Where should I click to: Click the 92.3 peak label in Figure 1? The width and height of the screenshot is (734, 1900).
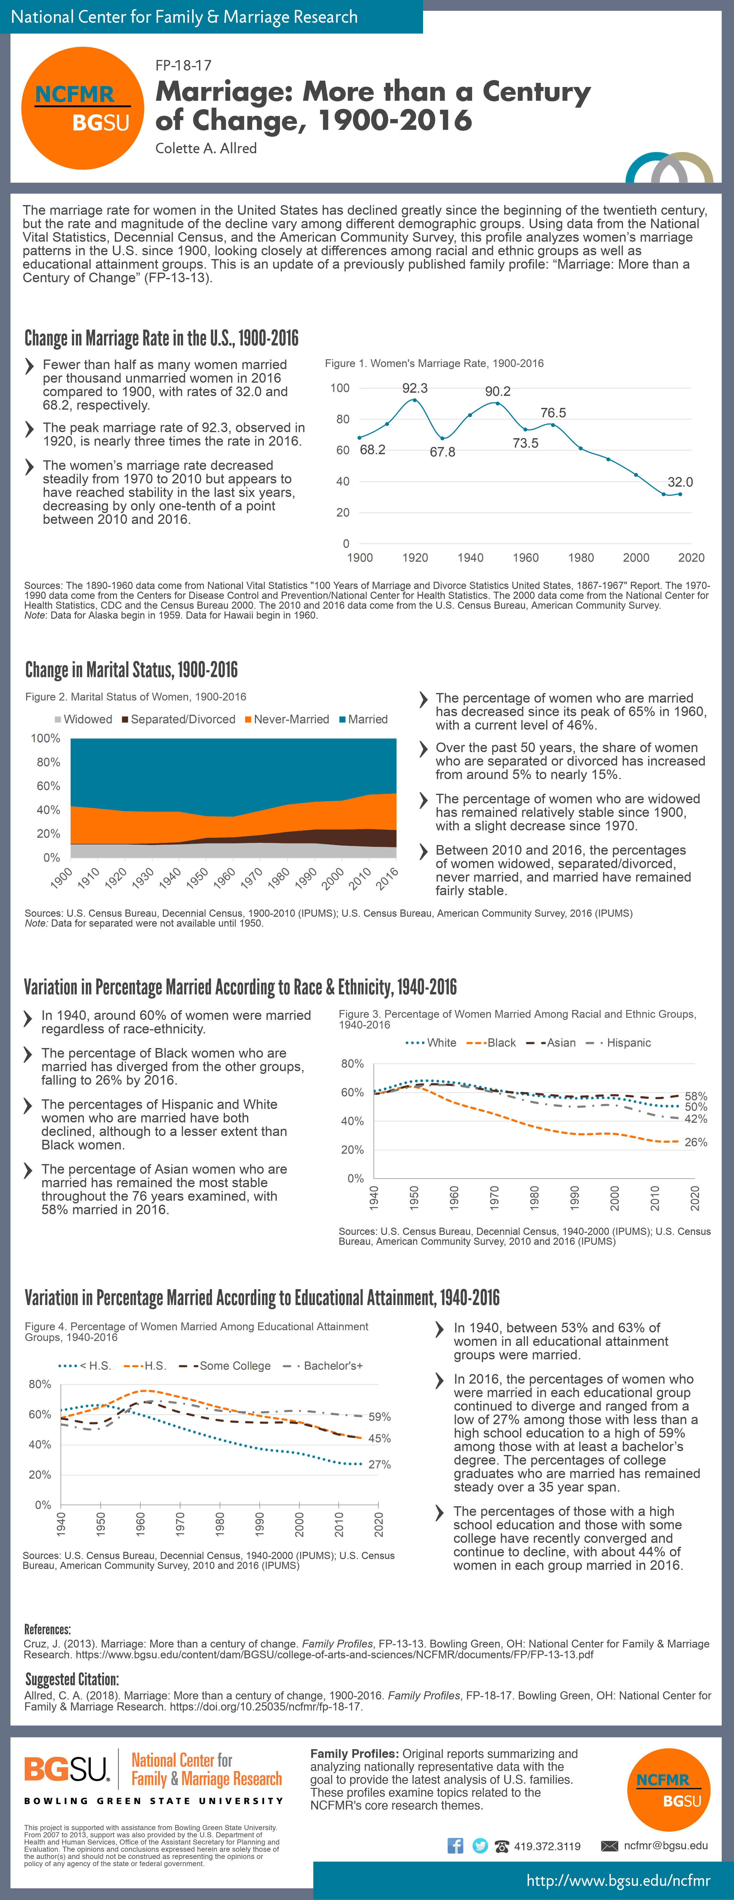[x=415, y=388]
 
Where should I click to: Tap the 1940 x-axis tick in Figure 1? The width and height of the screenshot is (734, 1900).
[x=470, y=557]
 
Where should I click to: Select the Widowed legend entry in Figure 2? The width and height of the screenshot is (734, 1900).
[x=83, y=719]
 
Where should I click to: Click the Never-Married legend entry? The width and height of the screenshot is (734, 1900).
[x=287, y=719]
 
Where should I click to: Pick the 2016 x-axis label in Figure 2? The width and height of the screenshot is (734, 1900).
[x=387, y=878]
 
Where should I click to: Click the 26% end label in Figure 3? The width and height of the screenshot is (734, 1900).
[x=696, y=1142]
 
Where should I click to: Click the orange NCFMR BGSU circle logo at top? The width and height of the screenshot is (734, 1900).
[x=83, y=109]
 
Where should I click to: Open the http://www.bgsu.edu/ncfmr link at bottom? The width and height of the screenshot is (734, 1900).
[x=617, y=1880]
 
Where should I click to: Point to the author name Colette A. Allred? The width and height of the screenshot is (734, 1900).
[x=206, y=148]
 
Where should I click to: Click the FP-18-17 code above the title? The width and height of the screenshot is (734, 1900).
[x=183, y=66]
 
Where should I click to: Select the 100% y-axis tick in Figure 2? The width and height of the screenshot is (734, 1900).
[x=46, y=738]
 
